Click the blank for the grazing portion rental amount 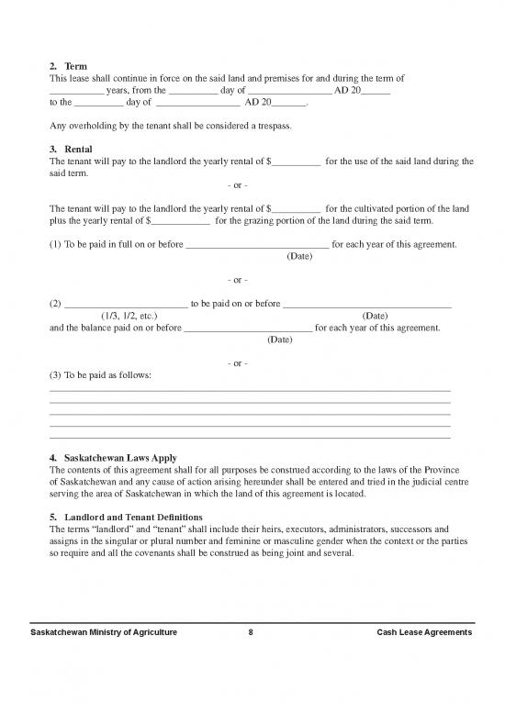pyautogui.click(x=180, y=221)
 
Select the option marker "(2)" pyautogui.click(x=55, y=303)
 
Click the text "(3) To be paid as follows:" pyautogui.click(x=100, y=375)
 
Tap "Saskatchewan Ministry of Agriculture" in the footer pyautogui.click(x=104, y=634)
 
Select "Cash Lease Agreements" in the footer pyautogui.click(x=424, y=634)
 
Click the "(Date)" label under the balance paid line pyautogui.click(x=279, y=340)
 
